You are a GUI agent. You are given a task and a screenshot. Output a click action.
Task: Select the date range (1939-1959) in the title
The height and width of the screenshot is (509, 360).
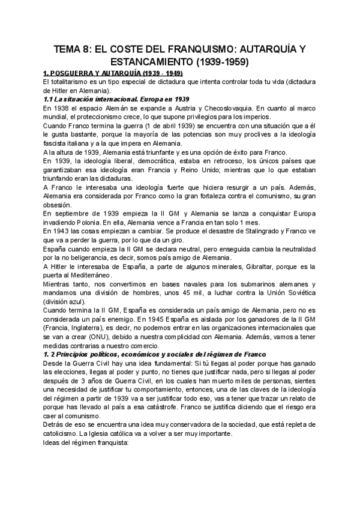[x=221, y=61]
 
